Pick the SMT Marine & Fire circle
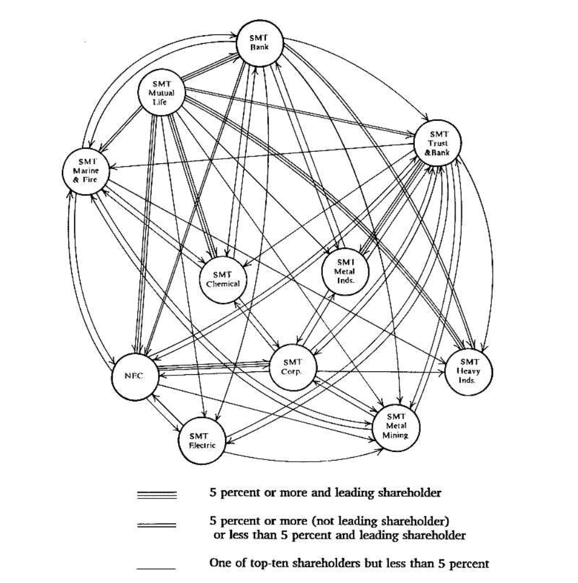pos(86,171)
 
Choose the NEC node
pos(134,376)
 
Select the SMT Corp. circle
pos(292,367)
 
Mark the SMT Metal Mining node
pos(396,426)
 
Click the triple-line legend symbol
pos(157,494)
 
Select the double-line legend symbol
pos(157,526)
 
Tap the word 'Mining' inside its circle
pos(396,435)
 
